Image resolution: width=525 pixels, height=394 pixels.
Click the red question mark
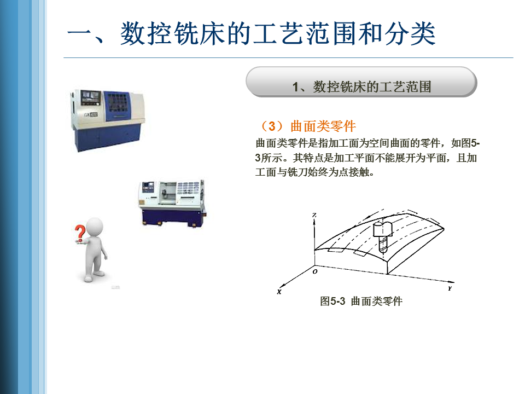coord(80,233)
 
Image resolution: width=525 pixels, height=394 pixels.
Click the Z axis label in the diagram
coord(314,215)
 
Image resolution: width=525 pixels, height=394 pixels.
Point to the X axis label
coord(279,292)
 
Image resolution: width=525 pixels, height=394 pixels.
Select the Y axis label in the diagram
coord(450,288)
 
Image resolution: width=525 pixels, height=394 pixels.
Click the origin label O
coord(315,271)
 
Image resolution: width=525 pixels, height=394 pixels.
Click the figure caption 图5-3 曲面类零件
coord(361,301)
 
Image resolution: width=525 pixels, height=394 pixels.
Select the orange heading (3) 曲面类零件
coord(307,126)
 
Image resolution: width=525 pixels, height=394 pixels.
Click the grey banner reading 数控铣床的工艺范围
coord(361,82)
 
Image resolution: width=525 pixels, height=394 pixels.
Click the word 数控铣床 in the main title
coord(172,33)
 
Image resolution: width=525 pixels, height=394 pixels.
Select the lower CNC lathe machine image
coord(172,203)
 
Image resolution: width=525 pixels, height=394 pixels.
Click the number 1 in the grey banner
coord(295,87)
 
